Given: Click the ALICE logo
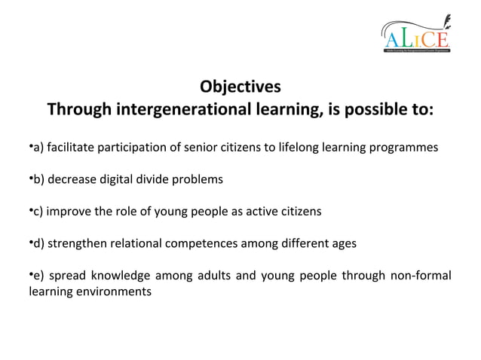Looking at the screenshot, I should pos(415,35).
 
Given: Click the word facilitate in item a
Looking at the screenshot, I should pos(74,147).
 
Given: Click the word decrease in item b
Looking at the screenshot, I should pos(74,179).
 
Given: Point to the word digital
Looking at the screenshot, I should pos(118,179).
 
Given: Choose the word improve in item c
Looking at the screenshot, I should pos(71,212).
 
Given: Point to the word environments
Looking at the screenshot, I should pos(112,291).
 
